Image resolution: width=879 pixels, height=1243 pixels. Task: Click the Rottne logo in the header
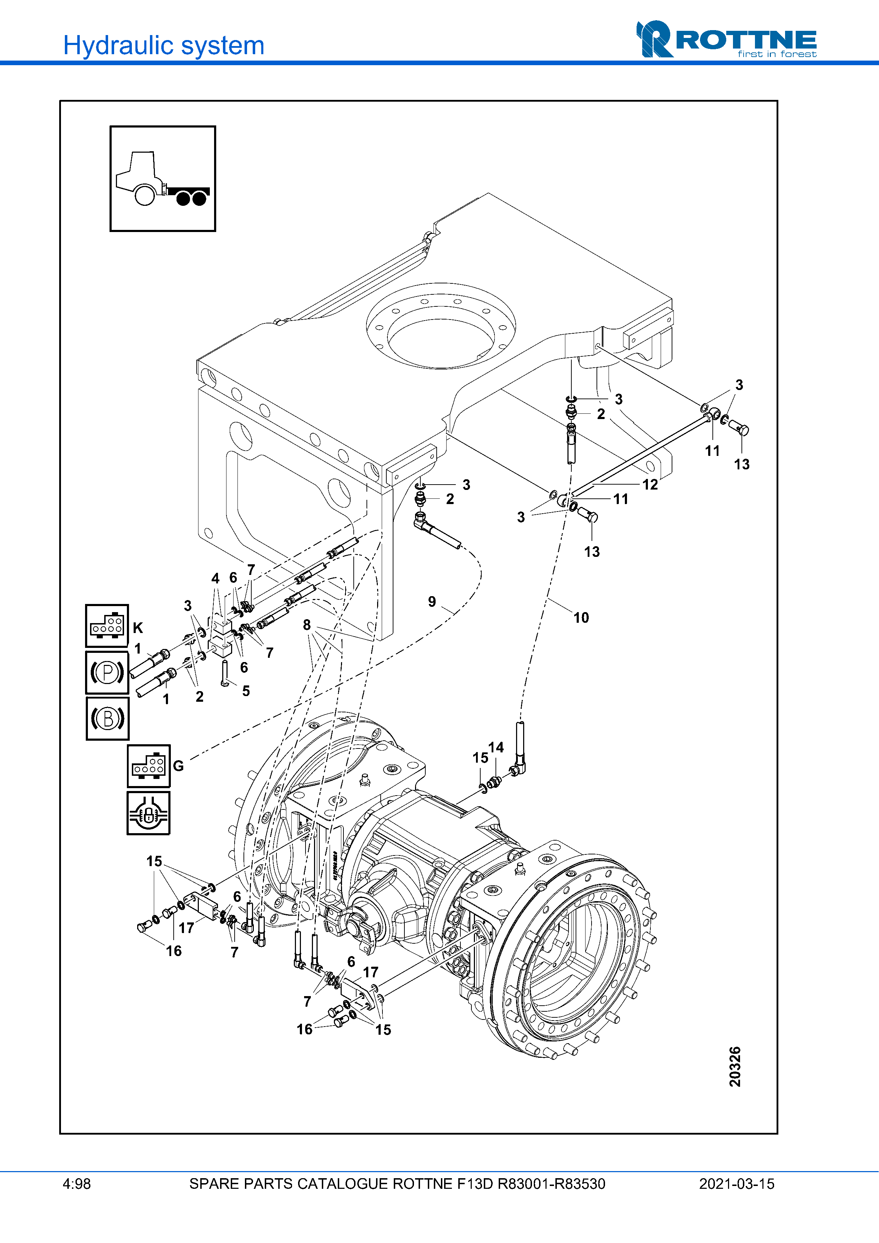pyautogui.click(x=726, y=40)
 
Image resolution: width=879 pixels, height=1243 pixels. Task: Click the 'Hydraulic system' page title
pyautogui.click(x=163, y=45)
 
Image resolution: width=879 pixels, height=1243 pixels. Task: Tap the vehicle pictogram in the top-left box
pyautogui.click(x=162, y=179)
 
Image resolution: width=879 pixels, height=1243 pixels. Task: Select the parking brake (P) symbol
pyautogui.click(x=107, y=672)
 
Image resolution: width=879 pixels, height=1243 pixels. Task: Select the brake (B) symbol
pyautogui.click(x=107, y=718)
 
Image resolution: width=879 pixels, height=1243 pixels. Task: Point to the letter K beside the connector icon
pyautogui.click(x=138, y=628)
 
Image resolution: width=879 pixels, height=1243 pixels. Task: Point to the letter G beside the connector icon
pyautogui.click(x=178, y=765)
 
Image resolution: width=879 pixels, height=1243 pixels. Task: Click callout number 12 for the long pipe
pyautogui.click(x=650, y=485)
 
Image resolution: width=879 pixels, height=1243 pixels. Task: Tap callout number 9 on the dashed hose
pyautogui.click(x=432, y=601)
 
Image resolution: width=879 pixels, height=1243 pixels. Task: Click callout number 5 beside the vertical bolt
pyautogui.click(x=246, y=691)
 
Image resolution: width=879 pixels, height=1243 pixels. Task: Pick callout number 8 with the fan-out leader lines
pyautogui.click(x=307, y=625)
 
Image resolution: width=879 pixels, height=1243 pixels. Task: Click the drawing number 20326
pyautogui.click(x=734, y=1067)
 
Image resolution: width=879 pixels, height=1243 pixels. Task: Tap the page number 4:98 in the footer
pyautogui.click(x=76, y=1184)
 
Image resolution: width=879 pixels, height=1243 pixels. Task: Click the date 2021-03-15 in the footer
pyautogui.click(x=736, y=1184)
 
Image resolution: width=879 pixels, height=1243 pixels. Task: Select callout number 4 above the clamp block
pyautogui.click(x=215, y=578)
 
